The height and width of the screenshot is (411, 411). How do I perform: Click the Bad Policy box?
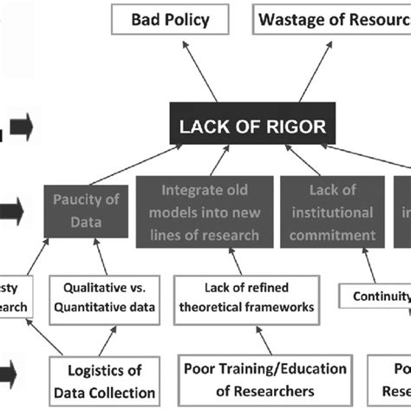point(170,19)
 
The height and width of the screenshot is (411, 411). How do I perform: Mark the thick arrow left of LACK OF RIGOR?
point(21,128)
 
